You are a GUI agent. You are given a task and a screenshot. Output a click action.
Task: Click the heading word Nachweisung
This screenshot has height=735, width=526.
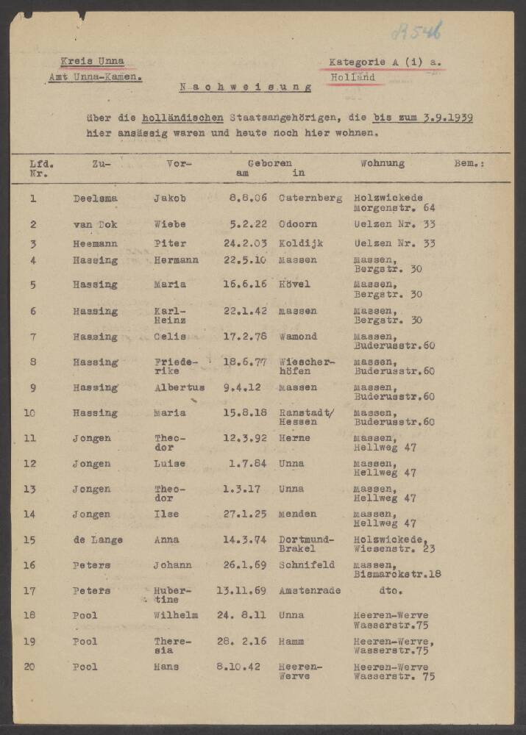pyautogui.click(x=246, y=87)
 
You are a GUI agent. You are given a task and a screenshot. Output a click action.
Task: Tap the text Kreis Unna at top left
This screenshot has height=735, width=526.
pyautogui.click(x=92, y=62)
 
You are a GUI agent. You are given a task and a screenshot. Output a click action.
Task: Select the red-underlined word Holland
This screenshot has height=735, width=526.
pyautogui.click(x=352, y=77)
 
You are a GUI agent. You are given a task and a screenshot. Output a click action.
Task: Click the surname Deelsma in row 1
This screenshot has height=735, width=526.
pyautogui.click(x=95, y=198)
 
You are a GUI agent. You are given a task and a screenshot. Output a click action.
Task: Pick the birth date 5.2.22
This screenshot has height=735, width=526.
pyautogui.click(x=245, y=224)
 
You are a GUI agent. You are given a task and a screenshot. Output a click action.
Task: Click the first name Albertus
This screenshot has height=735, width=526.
pyautogui.click(x=179, y=387)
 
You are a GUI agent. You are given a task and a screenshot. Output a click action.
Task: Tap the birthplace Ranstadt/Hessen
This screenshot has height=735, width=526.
pyautogui.click(x=306, y=417)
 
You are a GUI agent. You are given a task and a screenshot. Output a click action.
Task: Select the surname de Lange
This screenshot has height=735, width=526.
pyautogui.click(x=97, y=539)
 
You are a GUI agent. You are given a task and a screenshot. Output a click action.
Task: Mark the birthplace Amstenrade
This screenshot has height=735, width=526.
pyautogui.click(x=310, y=590)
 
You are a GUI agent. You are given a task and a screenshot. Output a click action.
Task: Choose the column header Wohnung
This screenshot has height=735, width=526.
pyautogui.click(x=382, y=163)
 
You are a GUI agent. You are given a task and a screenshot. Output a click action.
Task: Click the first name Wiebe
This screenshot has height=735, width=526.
pyautogui.click(x=169, y=224)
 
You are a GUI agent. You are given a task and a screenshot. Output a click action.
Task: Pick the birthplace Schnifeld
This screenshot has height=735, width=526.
pyautogui.click(x=307, y=564)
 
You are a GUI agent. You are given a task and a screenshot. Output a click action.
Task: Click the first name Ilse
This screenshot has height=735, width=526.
pyautogui.click(x=166, y=514)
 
